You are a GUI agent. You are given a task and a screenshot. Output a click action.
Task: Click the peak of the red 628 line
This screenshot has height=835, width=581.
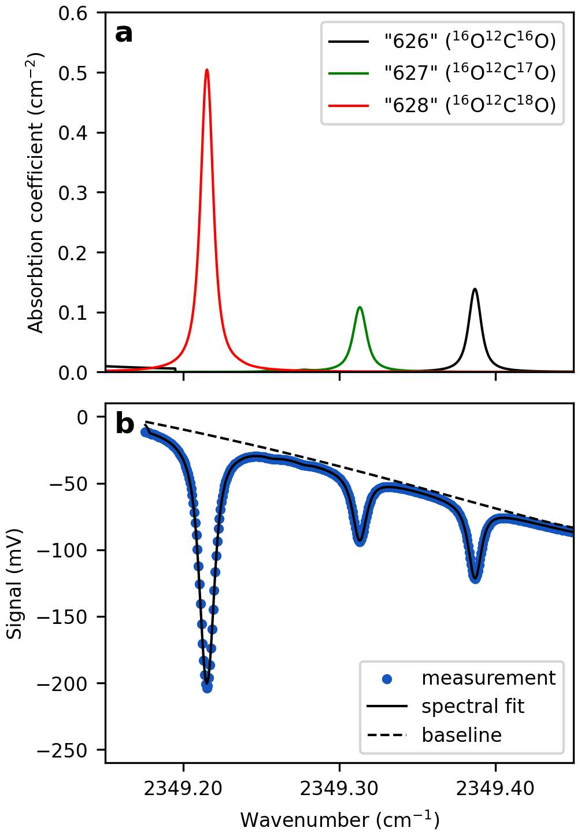point(206,70)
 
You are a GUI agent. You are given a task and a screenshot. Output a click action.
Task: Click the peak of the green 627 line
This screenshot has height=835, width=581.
point(360,308)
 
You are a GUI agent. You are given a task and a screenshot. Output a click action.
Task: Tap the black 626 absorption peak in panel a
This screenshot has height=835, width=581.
point(475,289)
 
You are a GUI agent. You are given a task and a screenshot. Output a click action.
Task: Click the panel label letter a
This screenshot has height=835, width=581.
point(124,34)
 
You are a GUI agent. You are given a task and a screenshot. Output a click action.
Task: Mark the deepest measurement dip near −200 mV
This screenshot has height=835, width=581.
point(207,687)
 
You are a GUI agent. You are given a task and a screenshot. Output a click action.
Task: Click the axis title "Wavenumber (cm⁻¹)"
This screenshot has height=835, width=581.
point(339,820)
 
